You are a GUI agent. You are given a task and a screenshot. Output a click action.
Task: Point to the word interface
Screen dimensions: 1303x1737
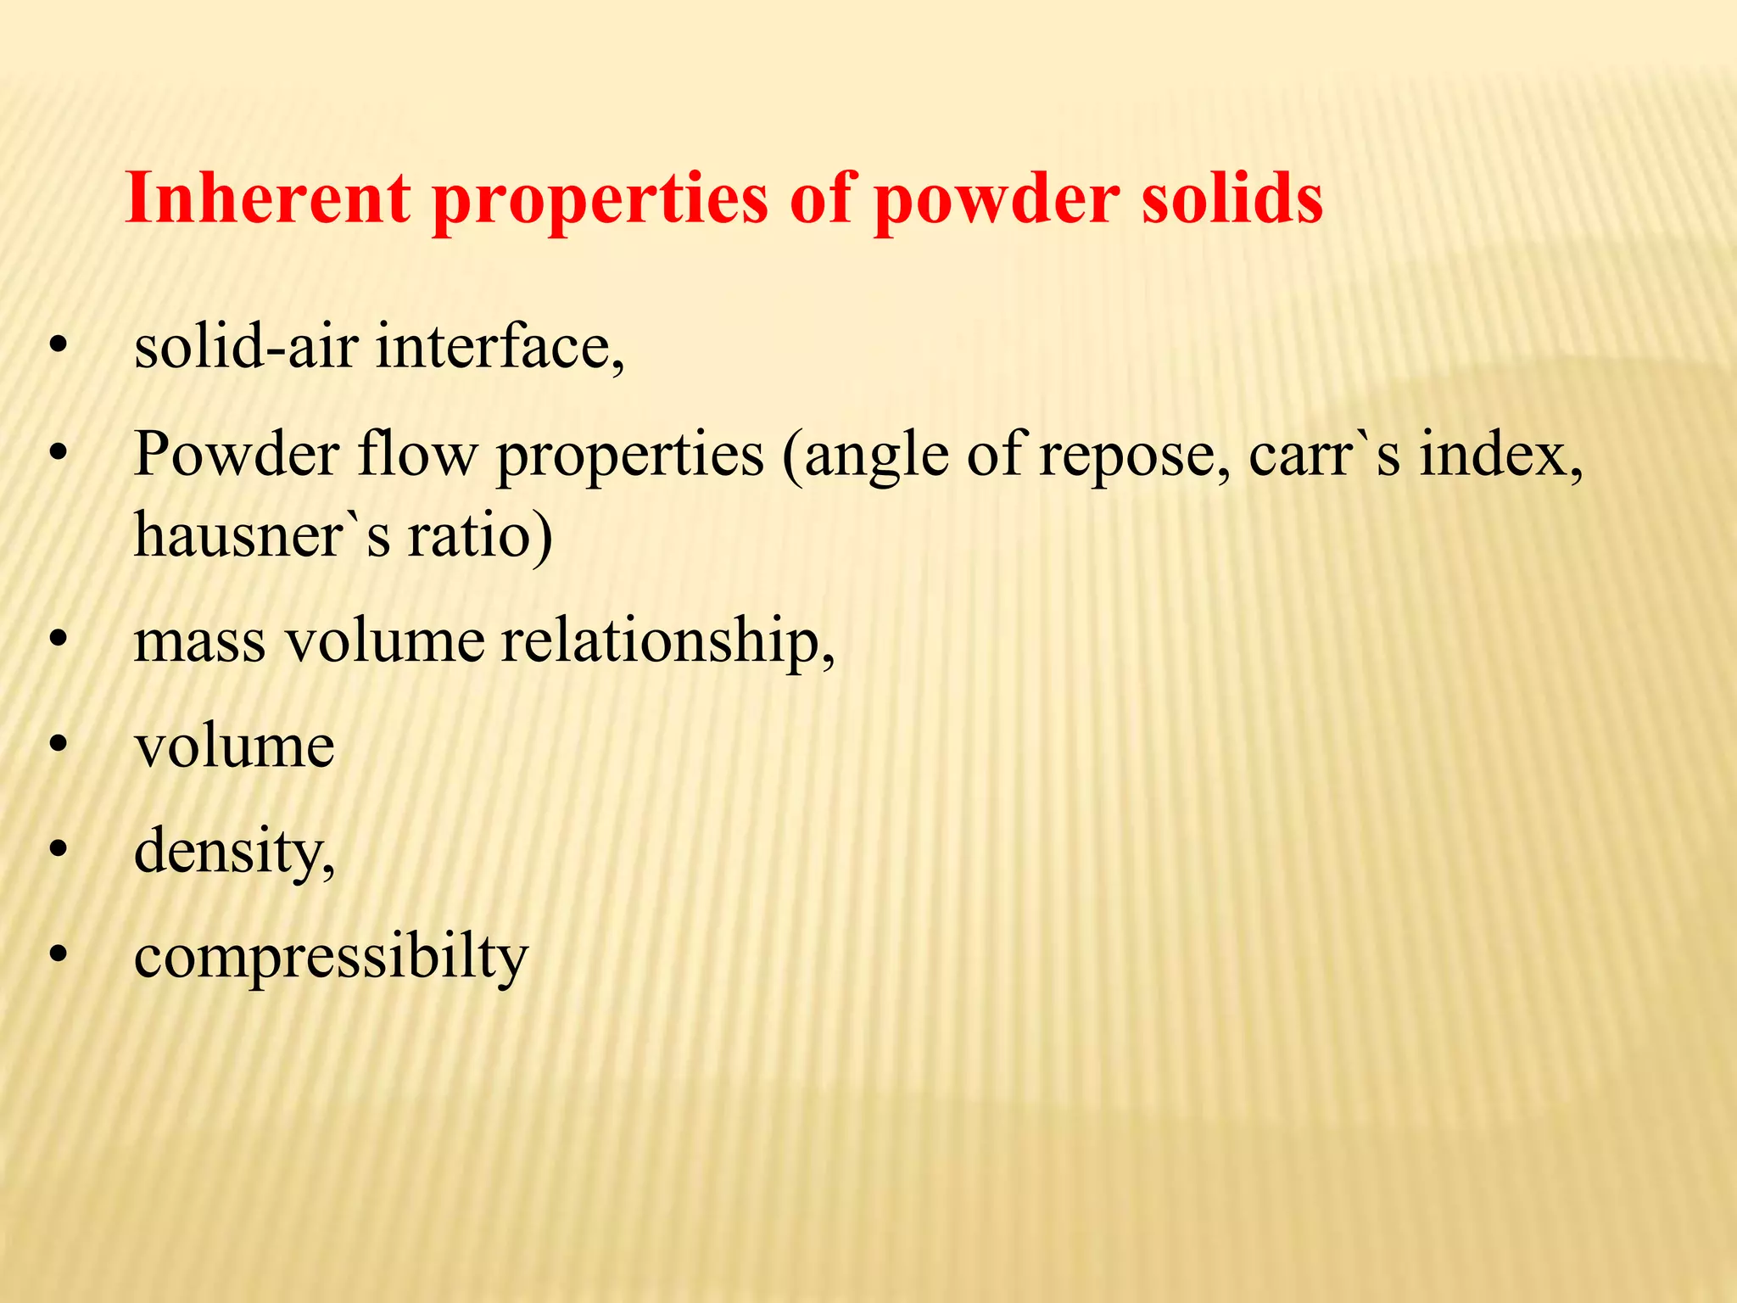click(500, 347)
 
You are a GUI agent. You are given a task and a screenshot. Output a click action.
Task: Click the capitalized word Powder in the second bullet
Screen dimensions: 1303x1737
click(237, 455)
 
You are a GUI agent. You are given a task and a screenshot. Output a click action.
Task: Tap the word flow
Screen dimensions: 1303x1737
click(416, 455)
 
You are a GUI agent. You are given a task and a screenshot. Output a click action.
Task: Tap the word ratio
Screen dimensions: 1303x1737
click(480, 535)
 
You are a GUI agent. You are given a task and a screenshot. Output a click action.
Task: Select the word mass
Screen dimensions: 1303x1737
click(199, 641)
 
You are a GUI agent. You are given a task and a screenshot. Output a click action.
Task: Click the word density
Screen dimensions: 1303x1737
click(234, 852)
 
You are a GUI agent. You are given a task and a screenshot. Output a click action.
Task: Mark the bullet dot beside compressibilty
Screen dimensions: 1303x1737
click(58, 953)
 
